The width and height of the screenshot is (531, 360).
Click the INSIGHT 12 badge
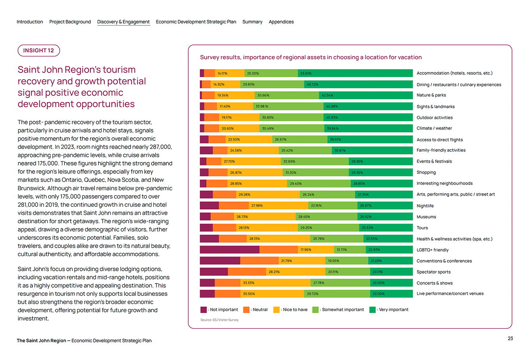[39, 51]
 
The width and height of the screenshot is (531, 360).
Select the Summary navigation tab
[252, 22]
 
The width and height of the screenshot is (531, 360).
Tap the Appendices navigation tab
[281, 22]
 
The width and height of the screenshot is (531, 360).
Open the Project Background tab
[70, 22]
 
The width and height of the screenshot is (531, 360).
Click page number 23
[510, 339]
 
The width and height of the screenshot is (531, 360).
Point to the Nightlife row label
[425, 206]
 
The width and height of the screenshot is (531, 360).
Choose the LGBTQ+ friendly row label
[432, 250]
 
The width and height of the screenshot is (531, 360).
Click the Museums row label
[426, 217]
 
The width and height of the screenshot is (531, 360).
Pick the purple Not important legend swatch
[203, 309]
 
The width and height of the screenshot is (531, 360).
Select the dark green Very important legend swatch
[372, 309]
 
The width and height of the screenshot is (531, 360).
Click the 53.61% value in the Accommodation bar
[306, 74]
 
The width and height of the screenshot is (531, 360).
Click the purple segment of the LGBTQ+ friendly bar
[229, 249]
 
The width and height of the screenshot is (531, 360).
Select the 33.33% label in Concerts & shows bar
[248, 283]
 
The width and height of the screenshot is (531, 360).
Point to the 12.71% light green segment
[342, 249]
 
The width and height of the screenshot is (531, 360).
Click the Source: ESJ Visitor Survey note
[219, 320]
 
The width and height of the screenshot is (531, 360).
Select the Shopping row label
[426, 173]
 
